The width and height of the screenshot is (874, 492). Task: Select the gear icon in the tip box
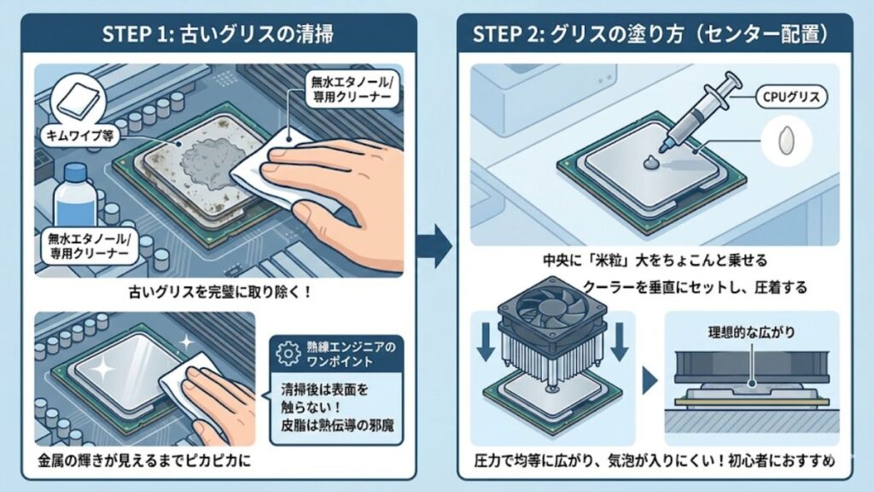tap(290, 350)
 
